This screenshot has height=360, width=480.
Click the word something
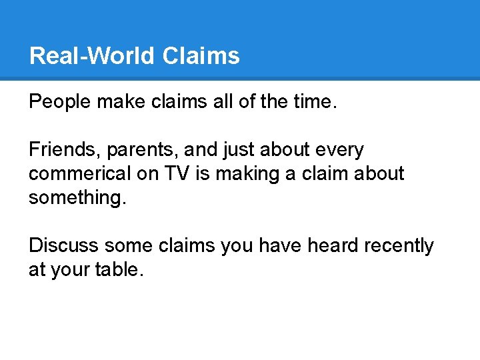[x=77, y=198]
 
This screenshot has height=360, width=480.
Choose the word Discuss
[x=63, y=245]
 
